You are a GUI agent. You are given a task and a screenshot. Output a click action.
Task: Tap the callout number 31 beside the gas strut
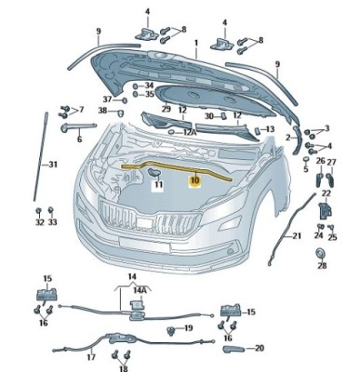(53, 165)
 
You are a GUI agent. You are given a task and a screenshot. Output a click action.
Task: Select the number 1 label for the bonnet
(195, 43)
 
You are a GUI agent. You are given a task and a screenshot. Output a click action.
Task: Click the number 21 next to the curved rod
(298, 236)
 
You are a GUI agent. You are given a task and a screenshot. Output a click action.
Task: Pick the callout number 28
(322, 266)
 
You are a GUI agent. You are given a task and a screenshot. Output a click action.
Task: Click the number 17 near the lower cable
(91, 357)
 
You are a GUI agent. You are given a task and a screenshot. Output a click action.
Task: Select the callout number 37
(108, 99)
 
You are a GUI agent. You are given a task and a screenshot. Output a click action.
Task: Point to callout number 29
(166, 110)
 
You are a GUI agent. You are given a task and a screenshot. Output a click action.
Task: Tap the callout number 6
(79, 139)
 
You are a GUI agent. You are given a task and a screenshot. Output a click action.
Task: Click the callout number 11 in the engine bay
(158, 186)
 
